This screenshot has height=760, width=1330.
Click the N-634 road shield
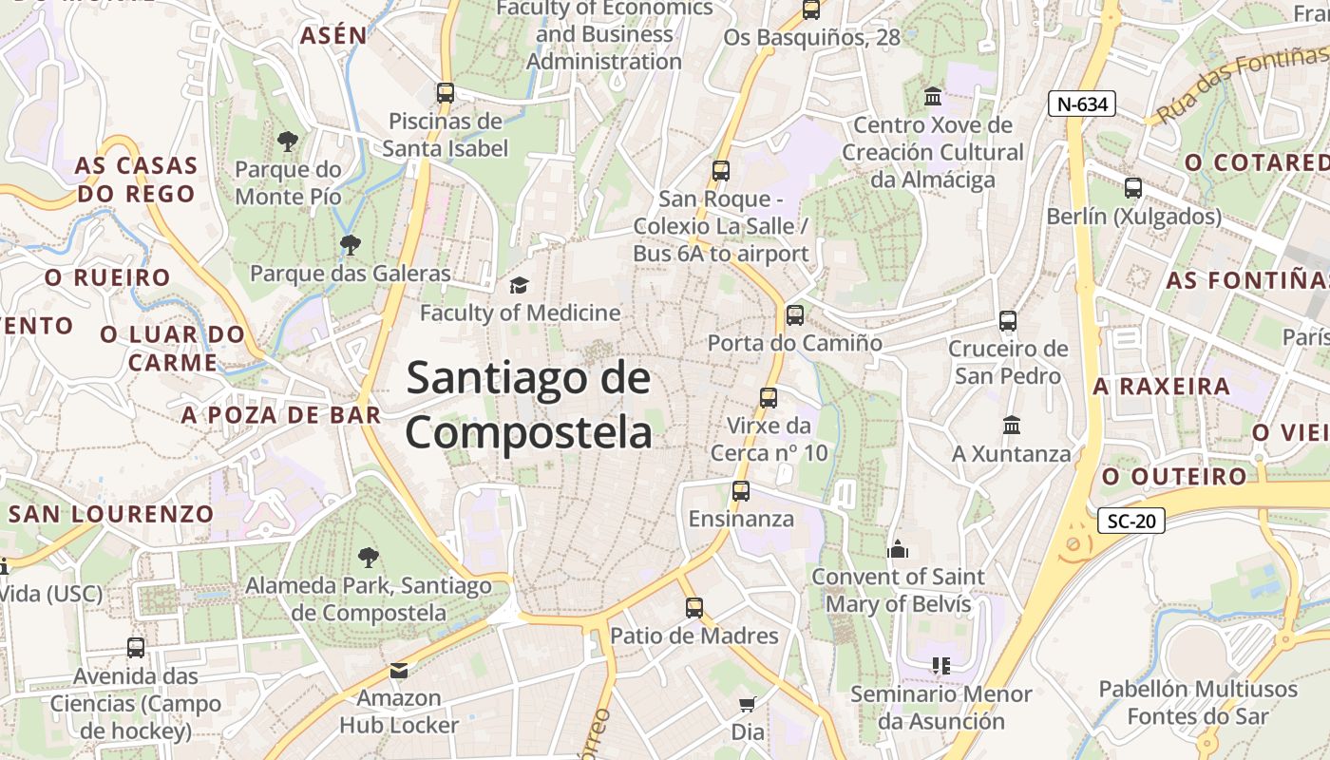[1081, 104]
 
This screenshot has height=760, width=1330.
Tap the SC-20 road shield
[1130, 521]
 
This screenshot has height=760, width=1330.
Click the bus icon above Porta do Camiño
[794, 315]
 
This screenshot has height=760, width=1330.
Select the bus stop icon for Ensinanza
[741, 491]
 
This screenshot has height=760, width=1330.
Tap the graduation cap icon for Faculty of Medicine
[519, 285]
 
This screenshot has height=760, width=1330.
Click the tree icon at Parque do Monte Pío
[287, 142]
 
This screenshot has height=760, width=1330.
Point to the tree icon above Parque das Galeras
[350, 245]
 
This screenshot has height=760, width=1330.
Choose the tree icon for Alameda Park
[368, 558]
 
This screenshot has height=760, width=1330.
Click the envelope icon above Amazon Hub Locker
[399, 671]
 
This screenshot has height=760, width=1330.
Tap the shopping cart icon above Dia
[748, 705]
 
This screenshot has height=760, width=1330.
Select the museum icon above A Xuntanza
[1012, 426]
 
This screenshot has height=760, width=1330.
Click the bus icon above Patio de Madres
[694, 608]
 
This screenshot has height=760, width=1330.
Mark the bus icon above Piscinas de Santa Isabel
[446, 93]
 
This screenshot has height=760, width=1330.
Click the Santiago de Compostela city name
[529, 406]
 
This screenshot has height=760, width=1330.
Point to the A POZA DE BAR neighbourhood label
[281, 415]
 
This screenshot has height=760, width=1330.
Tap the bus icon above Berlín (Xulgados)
[1133, 188]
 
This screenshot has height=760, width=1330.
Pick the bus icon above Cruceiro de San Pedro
[1008, 321]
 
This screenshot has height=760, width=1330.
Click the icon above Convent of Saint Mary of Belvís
[898, 549]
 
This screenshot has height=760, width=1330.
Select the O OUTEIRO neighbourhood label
[1174, 476]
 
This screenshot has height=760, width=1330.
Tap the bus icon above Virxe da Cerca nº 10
[769, 398]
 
